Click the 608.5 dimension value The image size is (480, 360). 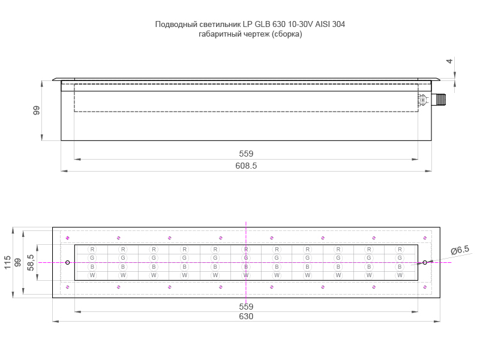click(246, 166)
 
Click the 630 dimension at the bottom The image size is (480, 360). click(246, 316)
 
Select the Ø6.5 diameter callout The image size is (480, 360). click(459, 249)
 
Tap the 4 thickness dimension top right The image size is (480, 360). click(449, 61)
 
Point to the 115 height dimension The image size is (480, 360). click(7, 262)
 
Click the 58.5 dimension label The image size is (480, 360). click(31, 262)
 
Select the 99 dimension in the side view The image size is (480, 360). click(37, 110)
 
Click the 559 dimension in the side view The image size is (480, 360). click(246, 154)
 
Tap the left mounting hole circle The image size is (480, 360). click(68, 262)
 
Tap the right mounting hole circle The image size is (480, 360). click(424, 262)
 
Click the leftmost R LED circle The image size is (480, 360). click(92, 249)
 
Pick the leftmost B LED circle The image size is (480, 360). click(92, 266)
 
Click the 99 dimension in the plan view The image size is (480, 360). click(18, 262)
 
